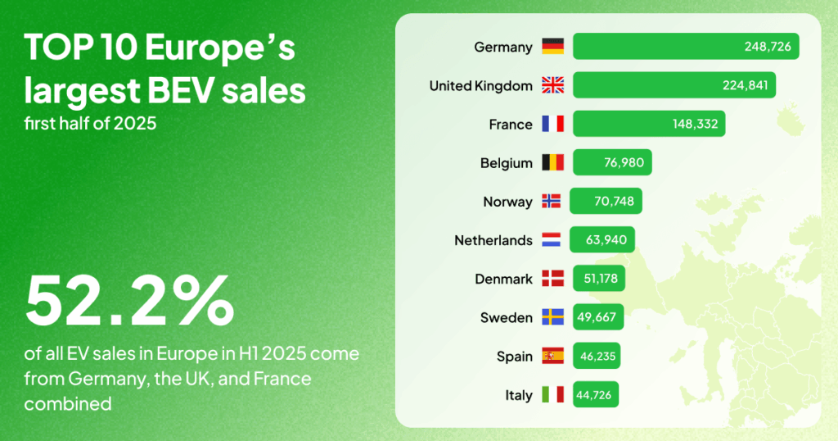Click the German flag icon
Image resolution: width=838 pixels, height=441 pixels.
point(553,47)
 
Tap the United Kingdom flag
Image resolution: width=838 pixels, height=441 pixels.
point(553,85)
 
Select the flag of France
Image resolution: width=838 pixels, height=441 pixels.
point(553,124)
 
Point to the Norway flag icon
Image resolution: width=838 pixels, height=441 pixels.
point(553,202)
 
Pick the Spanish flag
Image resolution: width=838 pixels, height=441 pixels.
point(553,357)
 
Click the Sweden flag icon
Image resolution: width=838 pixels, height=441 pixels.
point(553,318)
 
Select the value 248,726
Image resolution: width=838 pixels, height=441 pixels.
point(767,47)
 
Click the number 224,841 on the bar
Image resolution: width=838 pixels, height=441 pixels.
point(744,85)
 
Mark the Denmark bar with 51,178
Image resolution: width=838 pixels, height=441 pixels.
point(599,279)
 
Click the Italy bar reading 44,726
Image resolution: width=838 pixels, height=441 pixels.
point(596,395)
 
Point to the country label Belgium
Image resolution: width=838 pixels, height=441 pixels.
point(506,163)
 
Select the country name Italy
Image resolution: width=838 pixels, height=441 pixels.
point(519,395)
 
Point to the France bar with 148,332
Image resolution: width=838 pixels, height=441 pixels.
point(649,124)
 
